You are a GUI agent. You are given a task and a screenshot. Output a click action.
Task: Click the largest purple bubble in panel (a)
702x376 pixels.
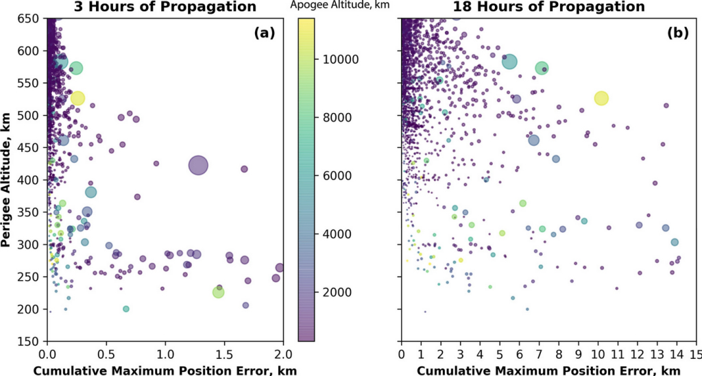198,166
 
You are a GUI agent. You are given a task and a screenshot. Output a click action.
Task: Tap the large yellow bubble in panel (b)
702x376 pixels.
601,98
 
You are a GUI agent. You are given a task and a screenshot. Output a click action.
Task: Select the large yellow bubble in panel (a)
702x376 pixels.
77,98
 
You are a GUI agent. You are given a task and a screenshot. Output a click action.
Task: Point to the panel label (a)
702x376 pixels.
264,32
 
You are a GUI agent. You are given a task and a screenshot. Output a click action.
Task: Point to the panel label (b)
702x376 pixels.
677,32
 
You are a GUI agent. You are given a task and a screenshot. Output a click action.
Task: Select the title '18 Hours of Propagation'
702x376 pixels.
548,7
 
